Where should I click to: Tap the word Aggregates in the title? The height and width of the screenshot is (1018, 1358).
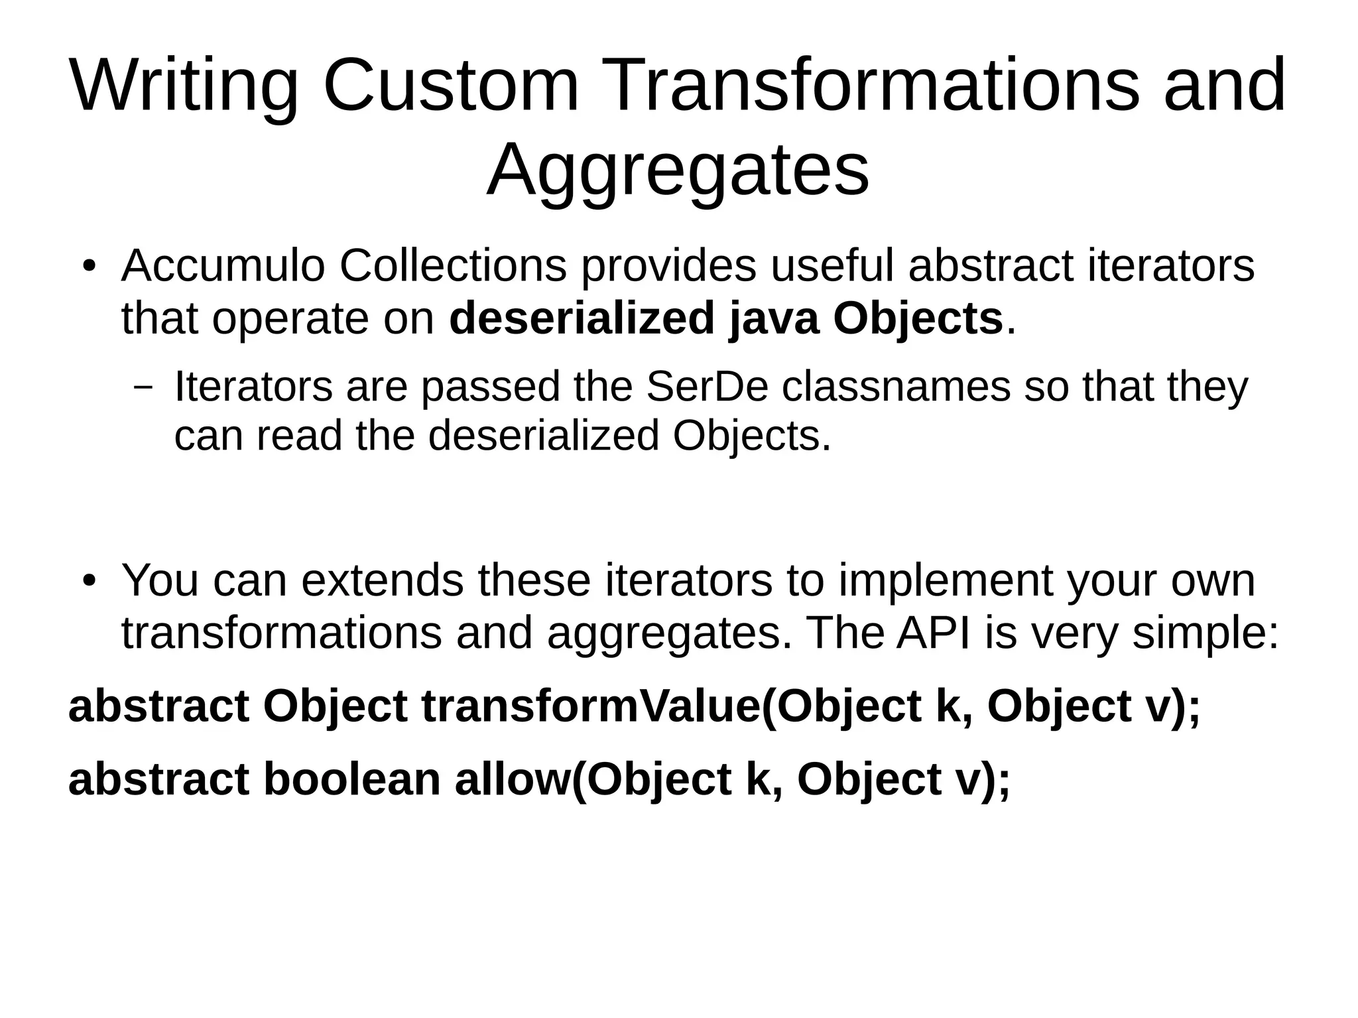point(678,170)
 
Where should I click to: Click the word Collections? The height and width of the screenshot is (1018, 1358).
point(454,267)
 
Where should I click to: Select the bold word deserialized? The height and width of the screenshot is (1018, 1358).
point(582,319)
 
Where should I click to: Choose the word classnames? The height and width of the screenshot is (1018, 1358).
point(896,387)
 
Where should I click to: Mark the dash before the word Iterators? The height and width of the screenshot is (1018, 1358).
point(143,387)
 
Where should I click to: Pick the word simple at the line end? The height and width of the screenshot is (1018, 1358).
point(1204,633)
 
